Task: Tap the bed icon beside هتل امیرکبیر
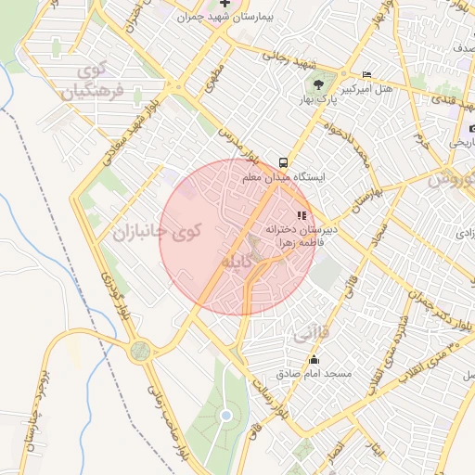click(x=366, y=75)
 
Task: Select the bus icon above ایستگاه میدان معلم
click(x=284, y=159)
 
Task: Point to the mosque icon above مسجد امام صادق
click(x=315, y=360)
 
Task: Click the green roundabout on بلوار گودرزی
click(x=140, y=350)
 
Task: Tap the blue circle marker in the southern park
click(x=225, y=416)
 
